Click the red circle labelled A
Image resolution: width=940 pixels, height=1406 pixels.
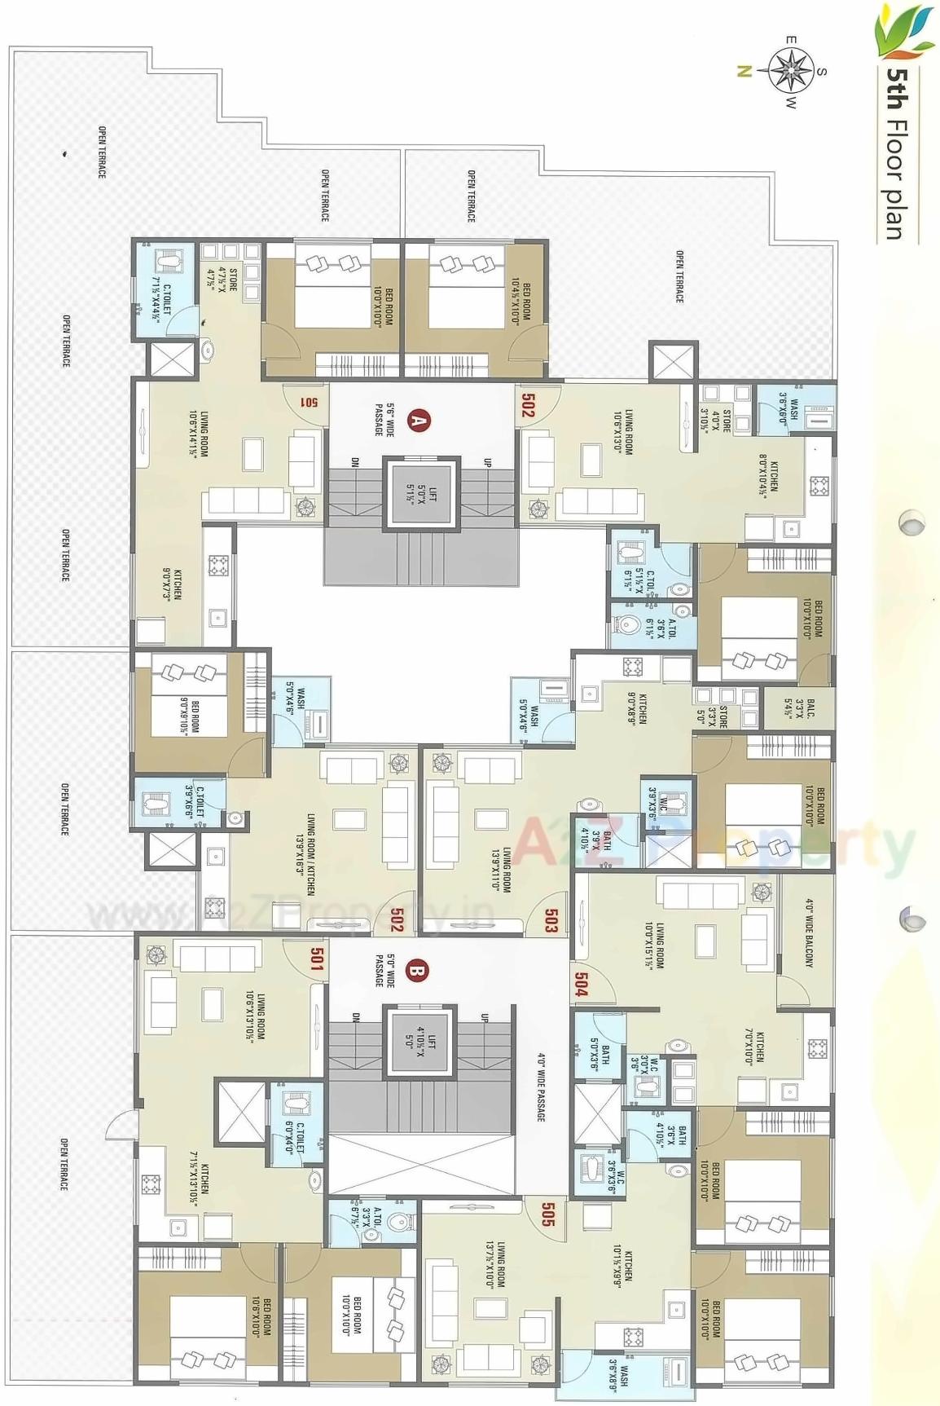pyautogui.click(x=419, y=421)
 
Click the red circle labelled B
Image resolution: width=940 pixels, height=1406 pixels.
pyautogui.click(x=416, y=972)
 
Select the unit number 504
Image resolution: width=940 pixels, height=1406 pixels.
pyautogui.click(x=581, y=983)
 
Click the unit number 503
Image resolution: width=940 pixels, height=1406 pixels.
pyautogui.click(x=551, y=921)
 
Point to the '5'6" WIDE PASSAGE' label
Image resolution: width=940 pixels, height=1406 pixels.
pyautogui.click(x=384, y=419)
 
